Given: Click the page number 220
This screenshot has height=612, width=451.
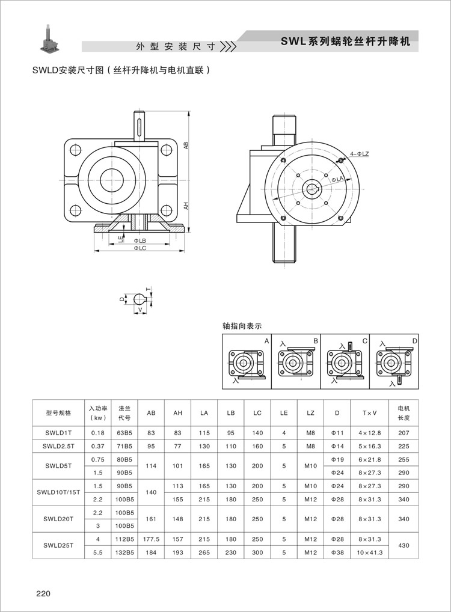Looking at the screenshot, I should tap(42, 594).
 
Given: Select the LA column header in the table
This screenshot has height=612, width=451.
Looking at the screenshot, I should tap(204, 413).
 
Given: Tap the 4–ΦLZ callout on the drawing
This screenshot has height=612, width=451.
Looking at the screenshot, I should tap(358, 154).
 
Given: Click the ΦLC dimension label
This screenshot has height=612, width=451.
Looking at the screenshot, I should tap(140, 248).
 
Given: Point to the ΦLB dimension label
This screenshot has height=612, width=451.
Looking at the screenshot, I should tap(139, 240).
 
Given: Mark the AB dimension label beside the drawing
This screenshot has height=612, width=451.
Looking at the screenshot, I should tap(186, 145).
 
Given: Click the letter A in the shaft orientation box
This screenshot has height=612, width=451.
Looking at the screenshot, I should tap(266, 341).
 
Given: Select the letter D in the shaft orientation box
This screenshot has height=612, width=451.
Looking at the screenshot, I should tap(413, 341).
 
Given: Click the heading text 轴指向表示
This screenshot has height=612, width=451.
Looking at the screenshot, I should tap(242, 326).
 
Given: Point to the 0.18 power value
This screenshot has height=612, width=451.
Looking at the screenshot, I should tap(97, 433).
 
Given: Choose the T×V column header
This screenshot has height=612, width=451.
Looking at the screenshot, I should tap(369, 413).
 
